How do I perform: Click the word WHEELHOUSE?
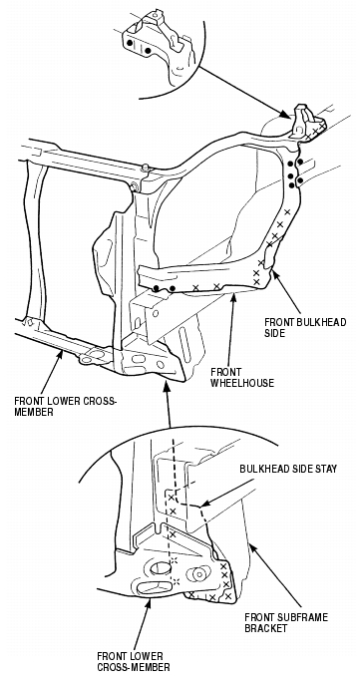242,383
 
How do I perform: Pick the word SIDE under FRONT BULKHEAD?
274,333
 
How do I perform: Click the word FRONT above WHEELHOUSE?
225,372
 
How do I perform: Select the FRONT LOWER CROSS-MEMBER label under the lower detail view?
133,661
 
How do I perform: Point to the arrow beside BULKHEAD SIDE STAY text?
227,494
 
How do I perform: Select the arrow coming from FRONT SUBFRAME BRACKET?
274,575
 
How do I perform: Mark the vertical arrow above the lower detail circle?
168,403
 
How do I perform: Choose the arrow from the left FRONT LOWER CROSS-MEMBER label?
52,372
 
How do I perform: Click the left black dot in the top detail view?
130,43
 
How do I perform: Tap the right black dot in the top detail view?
149,51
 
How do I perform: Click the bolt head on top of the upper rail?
146,168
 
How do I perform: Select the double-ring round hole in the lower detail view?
199,573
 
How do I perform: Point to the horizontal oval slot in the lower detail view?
150,587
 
